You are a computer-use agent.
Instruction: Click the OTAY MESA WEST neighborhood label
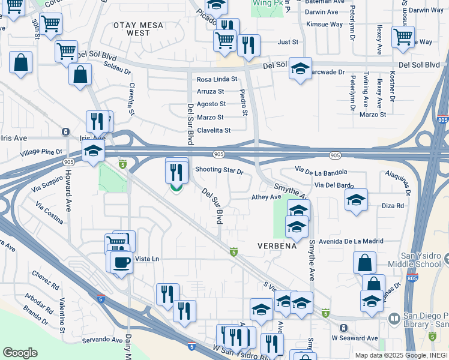click(x=139, y=29)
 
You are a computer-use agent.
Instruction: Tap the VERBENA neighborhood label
click(x=277, y=247)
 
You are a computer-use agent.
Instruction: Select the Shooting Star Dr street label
click(x=219, y=171)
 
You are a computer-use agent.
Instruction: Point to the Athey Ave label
click(x=266, y=197)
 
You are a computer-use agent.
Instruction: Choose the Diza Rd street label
click(x=393, y=206)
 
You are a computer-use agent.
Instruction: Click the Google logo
click(x=20, y=353)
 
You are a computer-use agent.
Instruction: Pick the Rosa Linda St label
click(x=217, y=79)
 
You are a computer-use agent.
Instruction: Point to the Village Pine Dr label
click(x=41, y=152)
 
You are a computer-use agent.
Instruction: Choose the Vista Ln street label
click(x=147, y=259)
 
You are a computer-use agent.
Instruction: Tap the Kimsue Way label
click(x=324, y=25)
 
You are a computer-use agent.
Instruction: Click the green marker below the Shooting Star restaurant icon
click(x=176, y=189)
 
